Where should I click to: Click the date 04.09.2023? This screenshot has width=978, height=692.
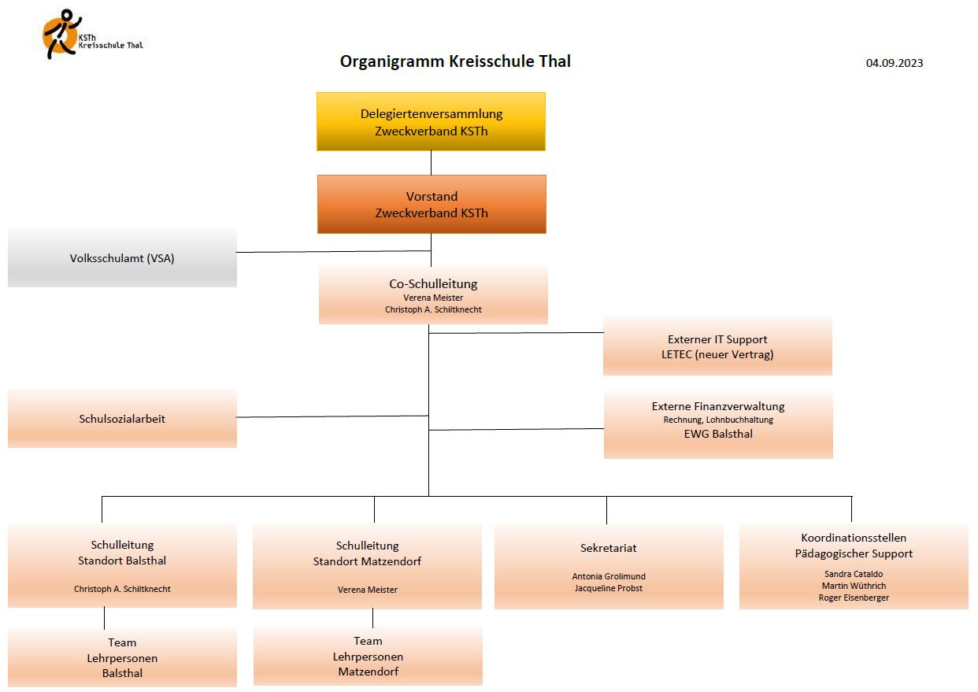(895, 63)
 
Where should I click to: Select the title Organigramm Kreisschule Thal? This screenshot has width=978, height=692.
(455, 61)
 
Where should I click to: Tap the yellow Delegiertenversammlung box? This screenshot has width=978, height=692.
(431, 121)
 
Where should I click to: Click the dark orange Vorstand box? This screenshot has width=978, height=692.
(432, 204)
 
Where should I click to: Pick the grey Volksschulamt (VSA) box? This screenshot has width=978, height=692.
(122, 257)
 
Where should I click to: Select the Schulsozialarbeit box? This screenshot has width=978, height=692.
(122, 419)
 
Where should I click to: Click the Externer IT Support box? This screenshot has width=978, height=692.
(717, 346)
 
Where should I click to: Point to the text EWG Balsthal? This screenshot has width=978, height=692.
(718, 434)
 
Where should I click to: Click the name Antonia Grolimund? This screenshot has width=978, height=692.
(609, 576)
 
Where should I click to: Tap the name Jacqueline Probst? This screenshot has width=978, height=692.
(609, 588)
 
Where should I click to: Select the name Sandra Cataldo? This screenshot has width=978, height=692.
(854, 574)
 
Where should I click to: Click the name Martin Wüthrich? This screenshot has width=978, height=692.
(854, 586)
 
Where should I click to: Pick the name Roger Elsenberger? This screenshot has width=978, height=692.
(854, 598)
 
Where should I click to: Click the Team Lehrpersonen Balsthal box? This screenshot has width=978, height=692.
(122, 657)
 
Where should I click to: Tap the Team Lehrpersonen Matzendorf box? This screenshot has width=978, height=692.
(368, 656)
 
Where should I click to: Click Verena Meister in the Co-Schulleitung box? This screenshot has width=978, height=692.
(433, 298)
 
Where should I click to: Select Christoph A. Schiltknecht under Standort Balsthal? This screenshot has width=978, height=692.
(122, 589)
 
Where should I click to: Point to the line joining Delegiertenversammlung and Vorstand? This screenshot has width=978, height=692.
(431, 163)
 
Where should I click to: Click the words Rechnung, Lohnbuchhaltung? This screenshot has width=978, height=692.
(718, 420)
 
